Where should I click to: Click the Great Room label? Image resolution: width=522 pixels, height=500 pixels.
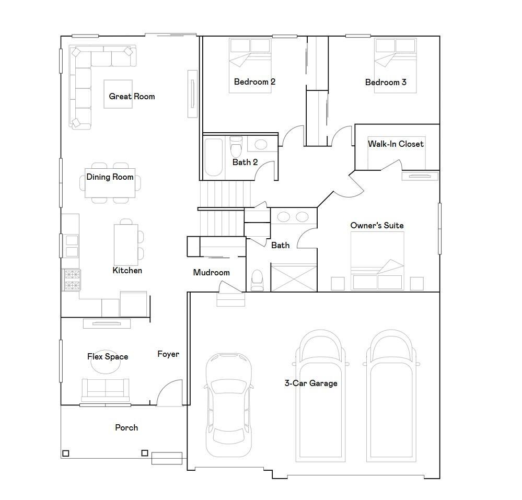point(132,97)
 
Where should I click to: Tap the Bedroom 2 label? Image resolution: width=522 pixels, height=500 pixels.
point(254,82)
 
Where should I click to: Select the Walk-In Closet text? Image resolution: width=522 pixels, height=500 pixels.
point(396,144)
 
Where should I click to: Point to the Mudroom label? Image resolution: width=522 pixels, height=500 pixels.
point(212,273)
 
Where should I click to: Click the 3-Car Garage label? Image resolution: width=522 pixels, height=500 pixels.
point(311,383)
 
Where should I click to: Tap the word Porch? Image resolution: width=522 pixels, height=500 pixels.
point(126,428)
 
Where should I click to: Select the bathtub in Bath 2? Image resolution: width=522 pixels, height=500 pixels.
point(213,157)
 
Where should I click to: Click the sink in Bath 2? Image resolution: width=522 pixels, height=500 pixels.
point(261,145)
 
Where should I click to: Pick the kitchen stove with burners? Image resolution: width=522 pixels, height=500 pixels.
point(72,280)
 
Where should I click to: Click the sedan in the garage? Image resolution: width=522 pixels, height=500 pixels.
point(229,405)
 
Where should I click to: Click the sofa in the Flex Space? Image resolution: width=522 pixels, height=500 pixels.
point(106,390)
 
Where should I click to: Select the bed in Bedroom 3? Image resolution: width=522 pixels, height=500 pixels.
point(396,66)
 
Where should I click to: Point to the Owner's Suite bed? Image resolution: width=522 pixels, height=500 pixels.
point(377,261)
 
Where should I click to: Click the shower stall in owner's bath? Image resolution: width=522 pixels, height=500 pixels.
point(294,277)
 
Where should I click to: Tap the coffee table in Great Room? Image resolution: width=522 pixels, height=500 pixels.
point(118,94)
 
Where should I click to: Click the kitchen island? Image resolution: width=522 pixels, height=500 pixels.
point(126,245)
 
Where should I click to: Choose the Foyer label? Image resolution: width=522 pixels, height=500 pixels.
point(168,354)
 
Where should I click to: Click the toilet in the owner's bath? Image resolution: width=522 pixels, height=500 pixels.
point(257,280)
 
